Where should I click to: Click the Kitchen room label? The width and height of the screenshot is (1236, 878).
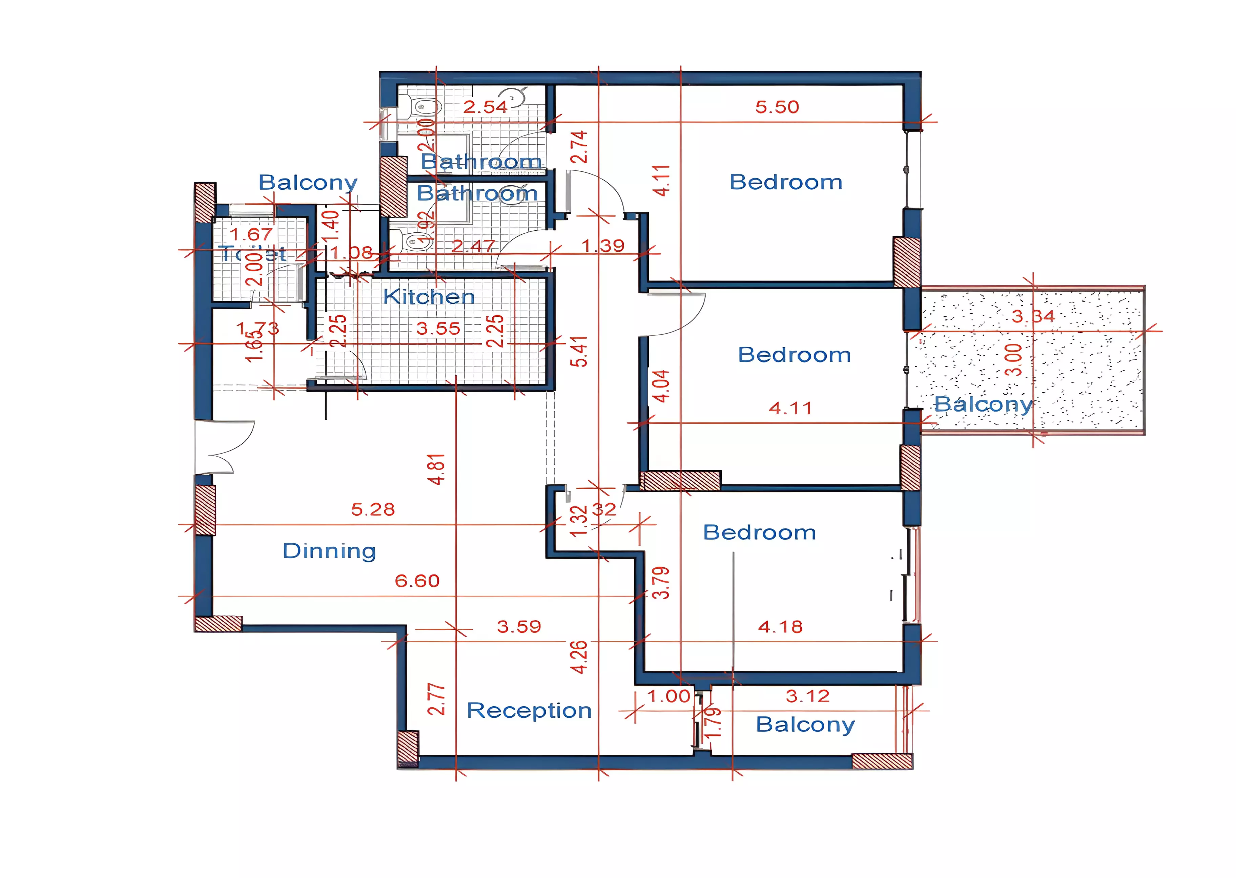(428, 297)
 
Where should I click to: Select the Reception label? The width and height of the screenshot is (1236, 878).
(529, 710)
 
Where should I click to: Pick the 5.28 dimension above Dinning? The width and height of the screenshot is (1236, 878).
(373, 509)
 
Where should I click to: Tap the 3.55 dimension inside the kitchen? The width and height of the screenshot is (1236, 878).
(438, 328)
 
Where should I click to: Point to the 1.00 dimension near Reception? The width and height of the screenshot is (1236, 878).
(669, 696)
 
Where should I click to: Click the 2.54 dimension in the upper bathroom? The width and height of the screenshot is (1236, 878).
(485, 107)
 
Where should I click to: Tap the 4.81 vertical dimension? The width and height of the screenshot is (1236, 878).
(436, 469)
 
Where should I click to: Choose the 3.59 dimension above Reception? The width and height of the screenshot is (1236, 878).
(518, 627)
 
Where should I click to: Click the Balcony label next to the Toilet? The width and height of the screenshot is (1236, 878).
(308, 183)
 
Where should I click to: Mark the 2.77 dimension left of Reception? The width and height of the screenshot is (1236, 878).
(436, 699)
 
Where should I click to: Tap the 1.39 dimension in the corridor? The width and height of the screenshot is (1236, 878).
(602, 246)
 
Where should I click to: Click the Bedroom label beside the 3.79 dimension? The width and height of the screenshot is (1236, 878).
(759, 532)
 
